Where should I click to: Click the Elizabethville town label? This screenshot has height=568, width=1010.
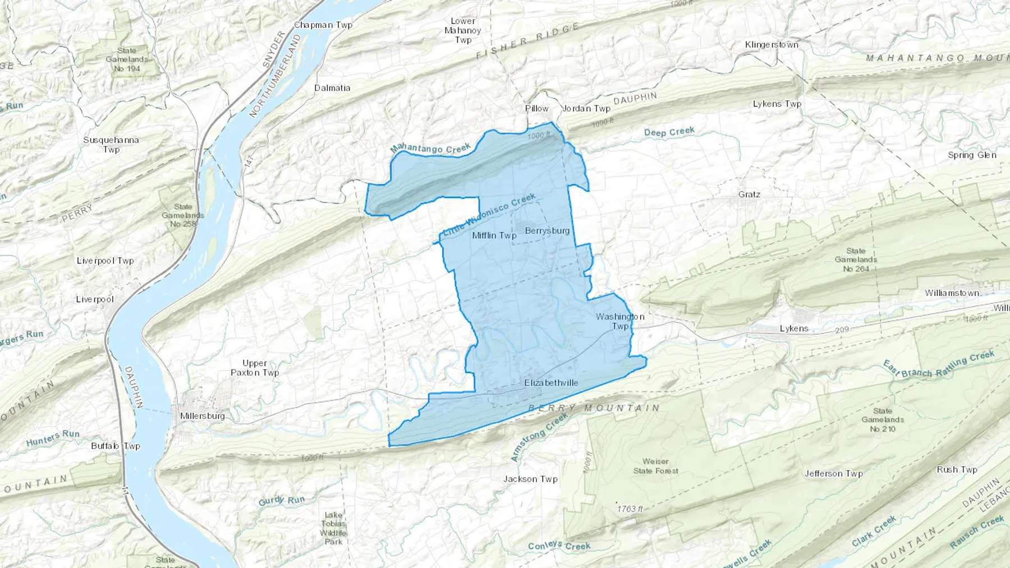coord(551,383)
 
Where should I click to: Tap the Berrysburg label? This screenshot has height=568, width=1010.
coord(547,230)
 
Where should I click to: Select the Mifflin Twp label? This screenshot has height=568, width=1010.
coord(494,235)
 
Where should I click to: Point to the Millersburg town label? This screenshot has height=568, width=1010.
coord(203,416)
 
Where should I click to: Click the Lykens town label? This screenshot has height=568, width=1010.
coord(794,329)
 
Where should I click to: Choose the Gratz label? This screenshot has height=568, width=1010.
coord(749,195)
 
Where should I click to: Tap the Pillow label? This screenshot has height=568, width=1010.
coord(536,108)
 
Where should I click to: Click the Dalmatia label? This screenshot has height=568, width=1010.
coord(332,88)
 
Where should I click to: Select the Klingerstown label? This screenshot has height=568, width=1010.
coord(772,45)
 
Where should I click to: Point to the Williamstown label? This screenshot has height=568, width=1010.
coord(952,293)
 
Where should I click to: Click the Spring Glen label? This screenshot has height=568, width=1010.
coord(972,155)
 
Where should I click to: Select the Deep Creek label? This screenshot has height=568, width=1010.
coord(669,132)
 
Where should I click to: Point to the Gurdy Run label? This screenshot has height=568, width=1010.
coord(281,501)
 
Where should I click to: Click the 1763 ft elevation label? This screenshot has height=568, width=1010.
coord(630,509)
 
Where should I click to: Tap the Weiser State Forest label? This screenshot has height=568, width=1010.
coord(655,466)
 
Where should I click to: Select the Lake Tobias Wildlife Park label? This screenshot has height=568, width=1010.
coord(333,528)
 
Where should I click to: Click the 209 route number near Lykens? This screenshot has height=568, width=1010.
coord(842,330)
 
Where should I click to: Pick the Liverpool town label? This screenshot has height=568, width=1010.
coord(95,299)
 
